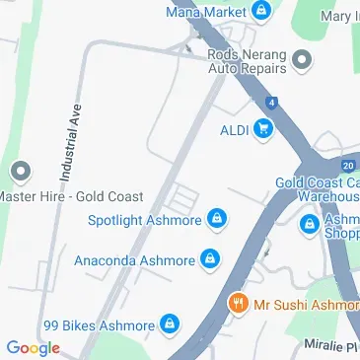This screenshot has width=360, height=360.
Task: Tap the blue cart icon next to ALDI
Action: pos(262,128)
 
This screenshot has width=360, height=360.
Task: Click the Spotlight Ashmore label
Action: pos(145,219)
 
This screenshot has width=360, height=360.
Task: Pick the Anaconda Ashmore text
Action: pos(134,260)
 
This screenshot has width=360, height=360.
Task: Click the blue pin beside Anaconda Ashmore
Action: pos(209,260)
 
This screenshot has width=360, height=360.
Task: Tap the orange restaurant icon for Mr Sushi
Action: pos(237,304)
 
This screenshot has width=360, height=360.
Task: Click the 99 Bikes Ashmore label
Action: pos(99,324)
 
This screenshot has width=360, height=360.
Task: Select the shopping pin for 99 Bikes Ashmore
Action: pos(171,324)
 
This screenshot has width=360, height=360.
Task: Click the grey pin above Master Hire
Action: pos(19,174)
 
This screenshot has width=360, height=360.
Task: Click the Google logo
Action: pos(33,347)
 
